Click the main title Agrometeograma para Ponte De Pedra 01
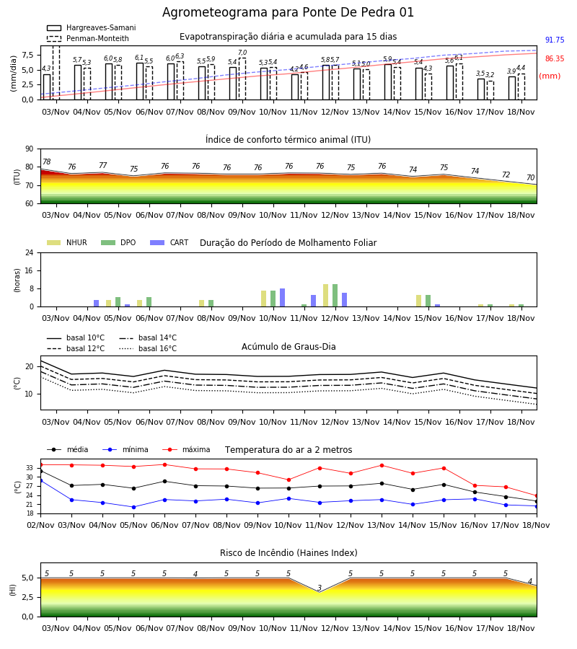(288, 12)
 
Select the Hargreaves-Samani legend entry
(92, 27)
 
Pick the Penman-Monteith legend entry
(88, 38)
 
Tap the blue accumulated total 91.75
(555, 40)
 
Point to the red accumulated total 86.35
(555, 58)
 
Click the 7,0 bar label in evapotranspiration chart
(242, 53)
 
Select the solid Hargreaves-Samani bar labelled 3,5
(481, 89)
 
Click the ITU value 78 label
(47, 162)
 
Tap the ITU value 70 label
(531, 177)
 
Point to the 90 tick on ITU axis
(30, 149)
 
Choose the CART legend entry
(169, 242)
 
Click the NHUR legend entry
(67, 242)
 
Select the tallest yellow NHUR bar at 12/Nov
(326, 296)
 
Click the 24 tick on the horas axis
(30, 252)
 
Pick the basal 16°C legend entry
(148, 348)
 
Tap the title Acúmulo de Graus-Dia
(288, 347)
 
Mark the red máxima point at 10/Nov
(289, 480)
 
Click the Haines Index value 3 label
(320, 588)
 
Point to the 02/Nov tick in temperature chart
(40, 525)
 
